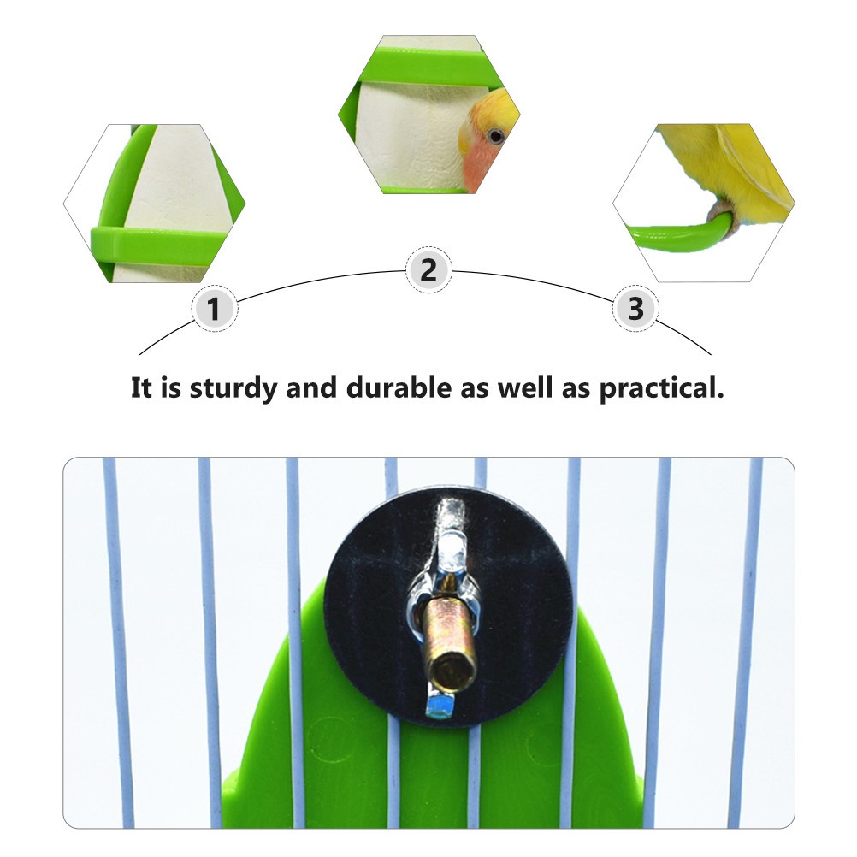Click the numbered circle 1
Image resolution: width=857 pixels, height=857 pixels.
[214, 308]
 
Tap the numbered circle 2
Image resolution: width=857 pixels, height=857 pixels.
[428, 270]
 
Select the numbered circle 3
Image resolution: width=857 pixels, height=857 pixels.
[635, 308]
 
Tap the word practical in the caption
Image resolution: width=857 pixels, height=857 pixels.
[661, 389]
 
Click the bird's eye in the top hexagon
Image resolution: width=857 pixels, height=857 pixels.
[496, 135]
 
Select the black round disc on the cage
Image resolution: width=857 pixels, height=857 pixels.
[449, 606]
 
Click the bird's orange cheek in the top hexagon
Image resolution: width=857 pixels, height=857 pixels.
[477, 164]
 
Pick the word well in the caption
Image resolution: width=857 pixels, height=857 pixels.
[525, 388]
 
